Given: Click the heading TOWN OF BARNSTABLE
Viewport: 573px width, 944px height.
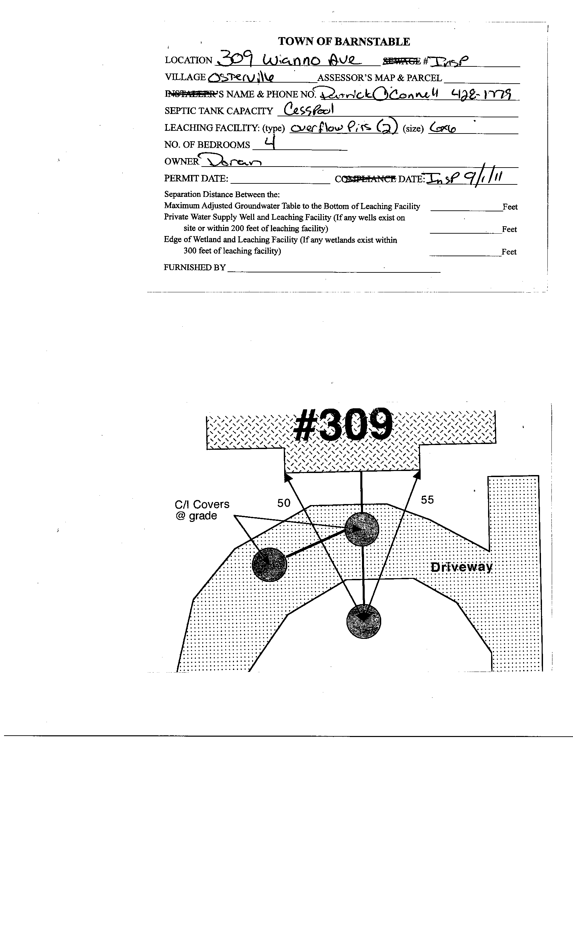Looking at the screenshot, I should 343,41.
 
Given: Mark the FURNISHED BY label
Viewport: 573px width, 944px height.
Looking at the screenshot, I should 194,267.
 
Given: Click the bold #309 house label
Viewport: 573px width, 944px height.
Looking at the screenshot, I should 343,424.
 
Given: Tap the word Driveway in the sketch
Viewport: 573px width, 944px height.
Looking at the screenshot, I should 461,567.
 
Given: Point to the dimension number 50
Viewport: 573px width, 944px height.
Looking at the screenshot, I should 284,503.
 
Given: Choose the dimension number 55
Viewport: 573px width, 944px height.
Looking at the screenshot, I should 427,500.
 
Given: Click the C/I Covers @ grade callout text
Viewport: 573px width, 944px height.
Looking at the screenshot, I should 202,509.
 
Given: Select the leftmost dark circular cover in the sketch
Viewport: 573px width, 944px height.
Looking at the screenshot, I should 269,564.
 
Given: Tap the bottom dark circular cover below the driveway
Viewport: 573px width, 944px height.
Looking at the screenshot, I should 363,621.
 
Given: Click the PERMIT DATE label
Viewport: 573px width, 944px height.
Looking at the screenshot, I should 196,179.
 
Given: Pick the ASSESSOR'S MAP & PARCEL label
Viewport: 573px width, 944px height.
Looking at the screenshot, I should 380,78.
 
